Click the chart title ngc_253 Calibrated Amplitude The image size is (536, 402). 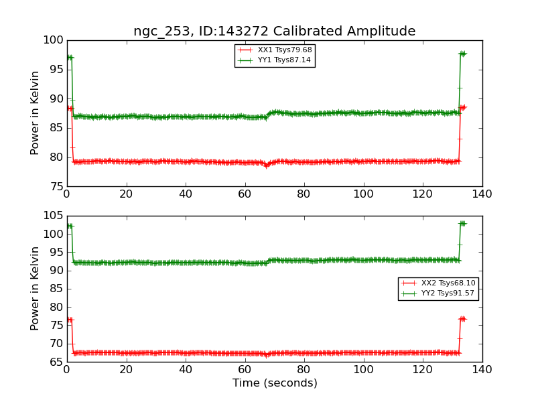pyautogui.click(x=274, y=31)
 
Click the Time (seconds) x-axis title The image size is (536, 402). pyautogui.click(x=275, y=383)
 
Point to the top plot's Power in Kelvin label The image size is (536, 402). pyautogui.click(x=35, y=113)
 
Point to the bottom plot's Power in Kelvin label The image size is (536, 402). pyautogui.click(x=35, y=288)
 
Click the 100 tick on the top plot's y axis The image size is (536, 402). pyautogui.click(x=53, y=40)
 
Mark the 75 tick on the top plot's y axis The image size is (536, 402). pyautogui.click(x=56, y=186)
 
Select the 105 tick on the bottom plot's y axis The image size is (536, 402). pyautogui.click(x=53, y=216)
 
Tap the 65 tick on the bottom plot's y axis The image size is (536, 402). pyautogui.click(x=56, y=362)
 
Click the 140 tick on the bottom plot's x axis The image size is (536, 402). pyautogui.click(x=482, y=369)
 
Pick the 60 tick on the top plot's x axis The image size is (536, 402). pyautogui.click(x=245, y=194)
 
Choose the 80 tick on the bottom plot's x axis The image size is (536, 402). pyautogui.click(x=304, y=369)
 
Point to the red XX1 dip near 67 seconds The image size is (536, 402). pyautogui.click(x=266, y=165)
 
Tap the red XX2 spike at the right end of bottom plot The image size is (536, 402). pyautogui.click(x=462, y=319)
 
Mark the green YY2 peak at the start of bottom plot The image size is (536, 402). pyautogui.click(x=69, y=226)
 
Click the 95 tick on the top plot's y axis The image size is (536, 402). pyautogui.click(x=56, y=70)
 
